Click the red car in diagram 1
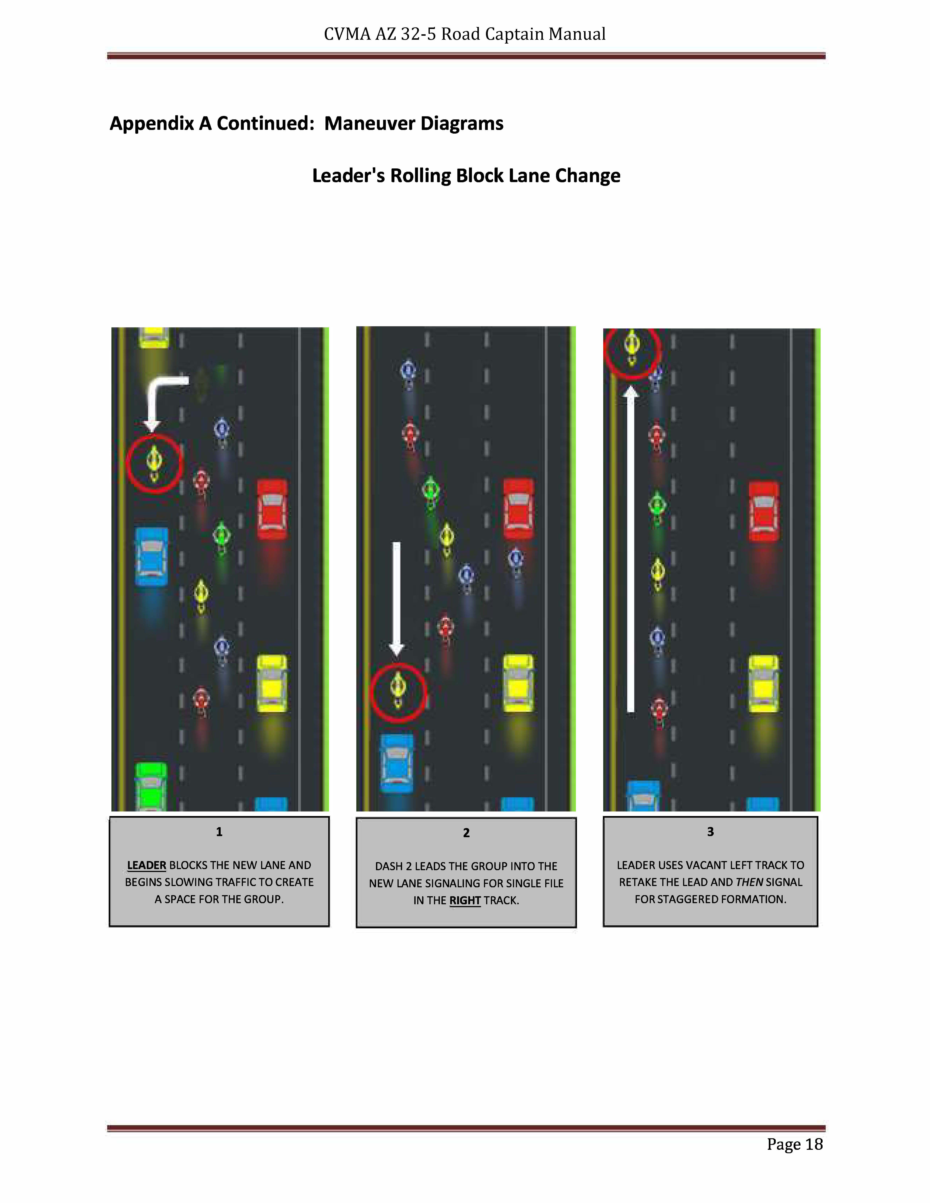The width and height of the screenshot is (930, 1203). [272, 509]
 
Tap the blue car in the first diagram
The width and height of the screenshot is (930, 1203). [152, 556]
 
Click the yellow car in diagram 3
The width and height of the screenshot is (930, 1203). [764, 684]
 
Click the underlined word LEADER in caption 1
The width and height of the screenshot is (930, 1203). [147, 865]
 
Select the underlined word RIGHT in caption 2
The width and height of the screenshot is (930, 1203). [465, 901]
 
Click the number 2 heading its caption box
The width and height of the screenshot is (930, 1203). [466, 833]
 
